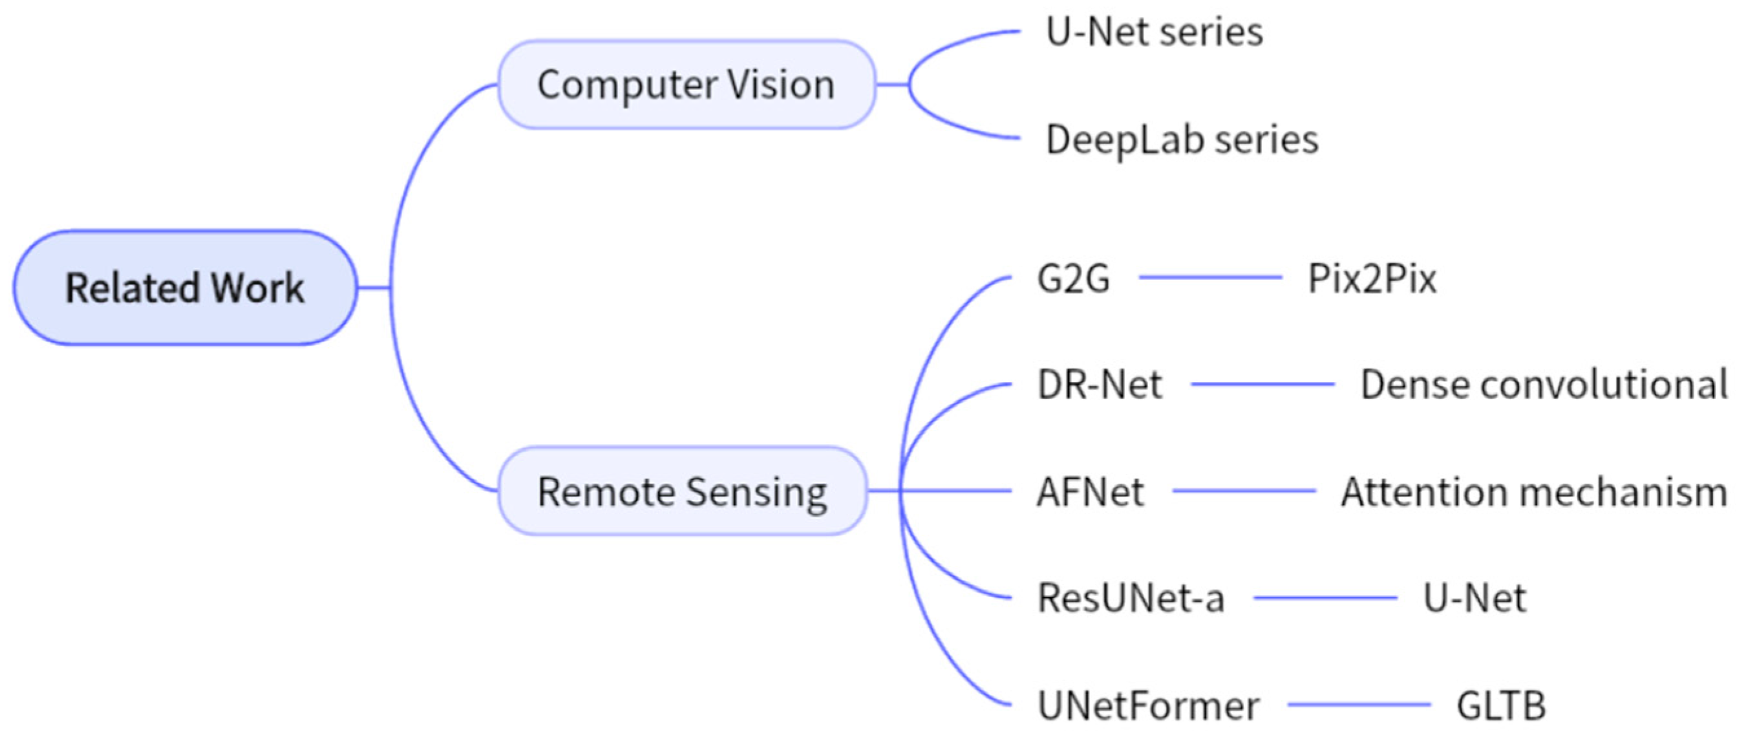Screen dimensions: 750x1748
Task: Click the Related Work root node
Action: [x=185, y=288]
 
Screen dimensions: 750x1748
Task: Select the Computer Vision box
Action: [x=686, y=85]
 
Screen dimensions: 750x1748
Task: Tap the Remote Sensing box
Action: [x=682, y=491]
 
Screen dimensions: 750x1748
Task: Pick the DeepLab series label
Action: [x=1182, y=140]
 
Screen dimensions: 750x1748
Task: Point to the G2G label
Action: [x=1074, y=278]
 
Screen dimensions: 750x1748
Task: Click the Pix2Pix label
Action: [x=1372, y=278]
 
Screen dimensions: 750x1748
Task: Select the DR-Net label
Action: [x=1099, y=385]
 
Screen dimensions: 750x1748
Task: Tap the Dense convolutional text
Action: [x=1544, y=385]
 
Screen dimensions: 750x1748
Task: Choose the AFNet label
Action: [x=1091, y=491]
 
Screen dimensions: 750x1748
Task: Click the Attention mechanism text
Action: [x=1534, y=491]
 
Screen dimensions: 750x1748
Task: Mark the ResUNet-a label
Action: [x=1131, y=599]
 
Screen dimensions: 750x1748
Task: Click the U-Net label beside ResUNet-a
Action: [x=1475, y=599]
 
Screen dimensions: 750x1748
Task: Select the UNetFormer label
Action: [x=1148, y=706]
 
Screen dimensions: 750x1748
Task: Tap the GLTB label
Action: [x=1501, y=706]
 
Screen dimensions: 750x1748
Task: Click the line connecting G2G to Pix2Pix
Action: [x=1210, y=277]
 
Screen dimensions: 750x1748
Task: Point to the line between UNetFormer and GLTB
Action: [x=1358, y=705]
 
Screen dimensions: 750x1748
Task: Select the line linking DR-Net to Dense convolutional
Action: [x=1263, y=384]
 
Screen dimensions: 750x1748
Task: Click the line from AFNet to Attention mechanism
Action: [x=1244, y=491]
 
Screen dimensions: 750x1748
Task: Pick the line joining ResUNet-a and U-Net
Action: [x=1325, y=598]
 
